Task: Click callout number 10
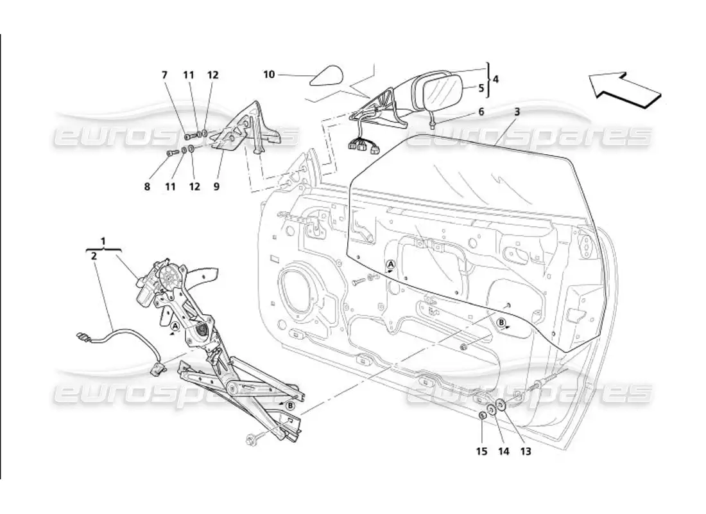point(269,75)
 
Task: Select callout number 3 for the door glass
point(517,112)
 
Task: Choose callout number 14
point(503,451)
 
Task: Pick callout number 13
point(526,451)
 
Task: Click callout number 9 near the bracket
point(216,187)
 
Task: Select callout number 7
point(164,75)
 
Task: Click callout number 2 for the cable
point(94,255)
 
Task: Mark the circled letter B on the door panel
point(502,322)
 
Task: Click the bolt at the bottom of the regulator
point(250,439)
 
